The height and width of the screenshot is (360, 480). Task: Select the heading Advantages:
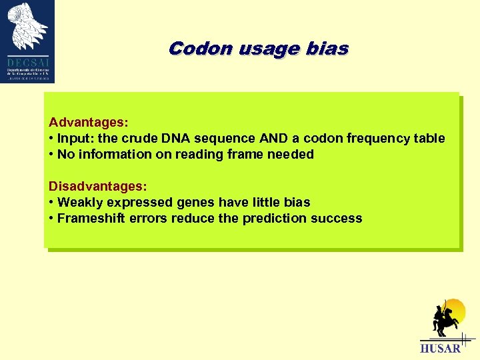click(x=89, y=123)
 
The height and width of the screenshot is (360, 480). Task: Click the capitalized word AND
click(x=264, y=139)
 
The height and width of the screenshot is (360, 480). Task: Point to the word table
click(x=428, y=139)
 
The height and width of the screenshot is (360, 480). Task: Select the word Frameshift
click(x=90, y=218)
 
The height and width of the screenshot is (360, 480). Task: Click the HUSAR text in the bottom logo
click(x=440, y=348)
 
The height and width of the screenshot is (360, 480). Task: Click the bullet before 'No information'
click(x=51, y=155)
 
